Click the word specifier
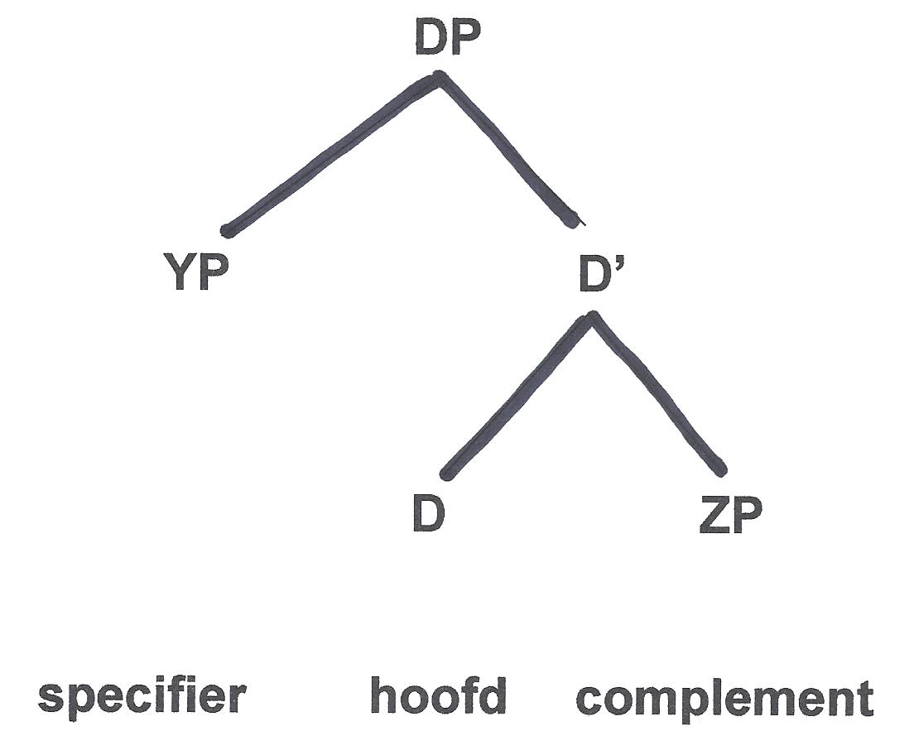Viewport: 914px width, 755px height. click(x=142, y=697)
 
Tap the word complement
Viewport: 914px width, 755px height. click(x=724, y=699)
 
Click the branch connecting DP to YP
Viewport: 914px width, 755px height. click(x=331, y=154)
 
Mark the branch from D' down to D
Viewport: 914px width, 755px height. click(x=518, y=396)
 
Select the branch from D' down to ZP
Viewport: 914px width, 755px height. click(x=658, y=394)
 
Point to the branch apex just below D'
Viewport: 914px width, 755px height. click(x=591, y=317)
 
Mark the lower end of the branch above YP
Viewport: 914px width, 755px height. click(x=228, y=230)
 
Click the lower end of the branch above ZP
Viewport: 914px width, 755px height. click(x=720, y=469)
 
